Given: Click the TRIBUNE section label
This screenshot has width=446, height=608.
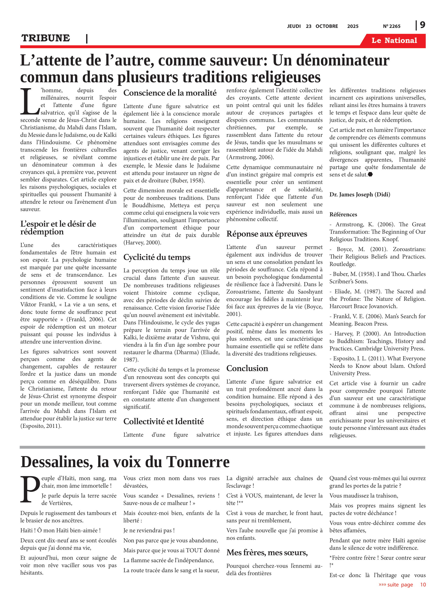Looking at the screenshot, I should [46, 38].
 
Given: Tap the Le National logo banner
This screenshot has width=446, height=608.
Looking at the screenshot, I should [394, 41].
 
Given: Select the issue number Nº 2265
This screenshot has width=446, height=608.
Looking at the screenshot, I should [391, 26].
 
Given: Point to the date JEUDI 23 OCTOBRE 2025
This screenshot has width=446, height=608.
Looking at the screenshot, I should [323, 26].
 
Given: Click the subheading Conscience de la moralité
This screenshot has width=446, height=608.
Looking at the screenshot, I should [170, 93].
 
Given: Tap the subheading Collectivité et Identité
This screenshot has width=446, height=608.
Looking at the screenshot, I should [163, 421].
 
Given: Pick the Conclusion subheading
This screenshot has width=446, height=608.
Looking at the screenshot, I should [247, 368].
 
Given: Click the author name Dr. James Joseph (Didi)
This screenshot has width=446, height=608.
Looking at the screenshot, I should [360, 194].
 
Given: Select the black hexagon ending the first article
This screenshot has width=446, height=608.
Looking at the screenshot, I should [370, 174].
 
